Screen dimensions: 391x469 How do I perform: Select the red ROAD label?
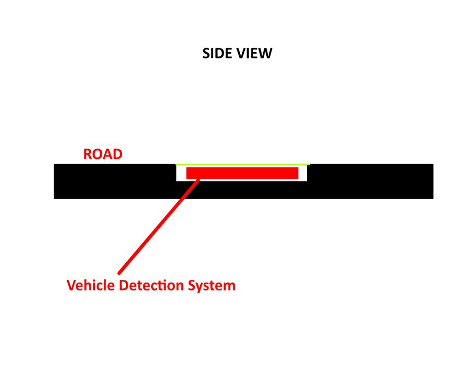(x=103, y=154)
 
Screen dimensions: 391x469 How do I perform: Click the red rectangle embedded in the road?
(x=242, y=173)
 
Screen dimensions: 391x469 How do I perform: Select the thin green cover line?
(x=242, y=164)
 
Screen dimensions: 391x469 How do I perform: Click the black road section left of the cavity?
(x=115, y=181)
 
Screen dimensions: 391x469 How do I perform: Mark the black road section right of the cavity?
(x=370, y=181)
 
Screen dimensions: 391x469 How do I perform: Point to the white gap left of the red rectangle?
(x=181, y=173)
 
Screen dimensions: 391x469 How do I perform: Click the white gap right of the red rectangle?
(x=302, y=173)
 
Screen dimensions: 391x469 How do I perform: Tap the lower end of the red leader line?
(x=120, y=272)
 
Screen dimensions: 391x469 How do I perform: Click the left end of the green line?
(x=177, y=164)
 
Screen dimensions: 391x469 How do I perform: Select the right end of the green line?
(x=308, y=164)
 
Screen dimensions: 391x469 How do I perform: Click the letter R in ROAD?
(x=88, y=154)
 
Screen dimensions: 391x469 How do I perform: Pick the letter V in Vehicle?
(x=71, y=286)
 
